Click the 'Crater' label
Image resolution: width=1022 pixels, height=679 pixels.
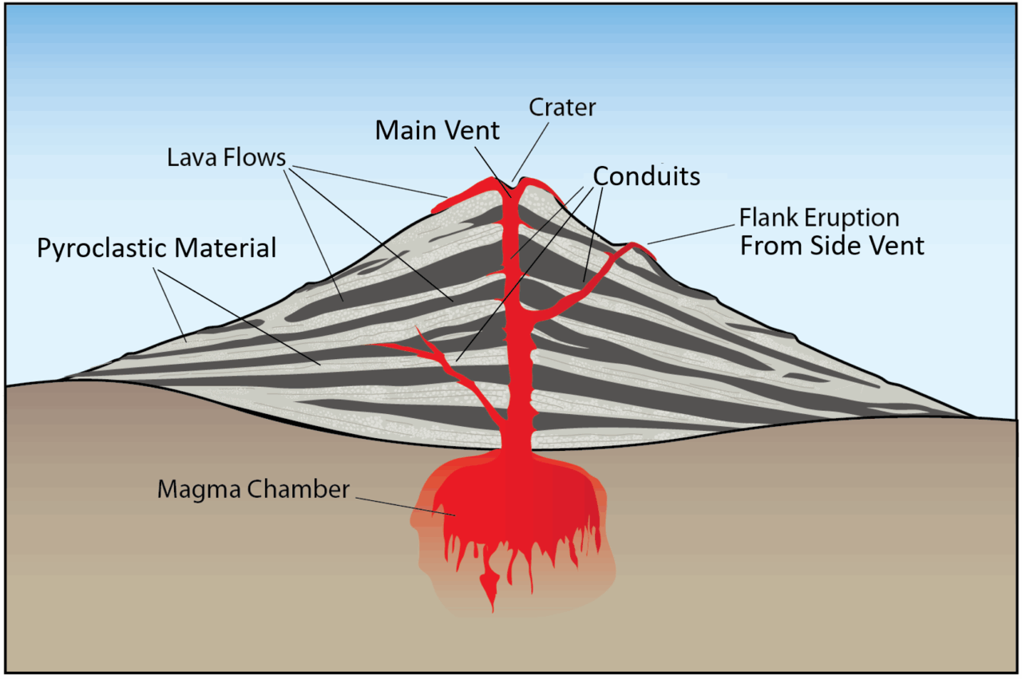click(x=563, y=108)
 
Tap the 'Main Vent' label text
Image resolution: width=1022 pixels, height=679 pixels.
click(x=438, y=130)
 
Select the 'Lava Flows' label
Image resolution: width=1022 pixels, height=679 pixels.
click(x=226, y=157)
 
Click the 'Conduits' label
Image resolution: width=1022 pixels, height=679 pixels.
click(x=646, y=176)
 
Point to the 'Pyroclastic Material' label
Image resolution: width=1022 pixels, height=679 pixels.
click(x=156, y=248)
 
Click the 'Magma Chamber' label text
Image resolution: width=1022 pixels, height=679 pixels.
click(x=253, y=489)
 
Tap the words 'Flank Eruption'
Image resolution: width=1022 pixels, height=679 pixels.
click(x=819, y=217)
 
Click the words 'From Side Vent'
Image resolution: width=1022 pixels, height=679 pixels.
click(x=832, y=246)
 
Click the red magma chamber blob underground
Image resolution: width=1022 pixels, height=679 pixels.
click(x=511, y=503)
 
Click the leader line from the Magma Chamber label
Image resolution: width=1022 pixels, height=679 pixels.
click(x=403, y=505)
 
